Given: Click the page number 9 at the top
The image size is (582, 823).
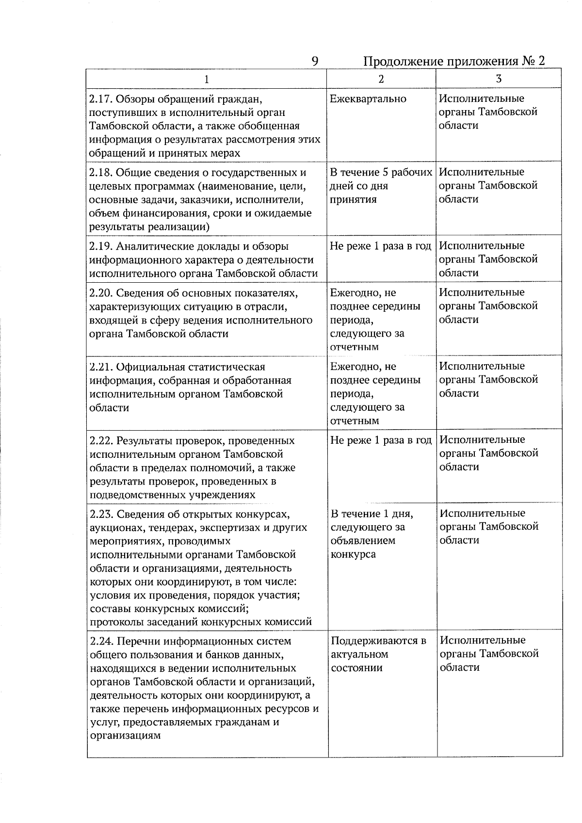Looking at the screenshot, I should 315,62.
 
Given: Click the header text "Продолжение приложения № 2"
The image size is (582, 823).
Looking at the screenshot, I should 454,62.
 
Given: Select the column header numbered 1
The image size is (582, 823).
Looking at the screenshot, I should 207,79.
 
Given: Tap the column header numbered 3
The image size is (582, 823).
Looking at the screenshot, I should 499,79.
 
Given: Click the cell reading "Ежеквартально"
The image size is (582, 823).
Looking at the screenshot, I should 368,99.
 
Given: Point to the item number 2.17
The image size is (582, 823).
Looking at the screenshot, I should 100,99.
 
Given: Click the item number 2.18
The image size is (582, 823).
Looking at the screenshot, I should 100,173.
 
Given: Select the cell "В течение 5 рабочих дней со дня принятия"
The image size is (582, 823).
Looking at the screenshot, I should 380,186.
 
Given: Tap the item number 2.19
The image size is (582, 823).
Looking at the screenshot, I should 100,246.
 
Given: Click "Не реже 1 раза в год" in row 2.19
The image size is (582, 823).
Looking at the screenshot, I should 380,246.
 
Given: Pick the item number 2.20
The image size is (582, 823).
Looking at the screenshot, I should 101,293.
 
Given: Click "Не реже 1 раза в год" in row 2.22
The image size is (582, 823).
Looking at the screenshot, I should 381,440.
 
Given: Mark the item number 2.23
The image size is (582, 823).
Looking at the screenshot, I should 101,514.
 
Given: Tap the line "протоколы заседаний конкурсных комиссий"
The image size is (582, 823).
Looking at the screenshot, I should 201,622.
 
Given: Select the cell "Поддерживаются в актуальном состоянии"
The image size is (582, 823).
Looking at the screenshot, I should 378,654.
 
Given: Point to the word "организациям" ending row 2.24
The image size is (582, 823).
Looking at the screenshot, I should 125,736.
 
